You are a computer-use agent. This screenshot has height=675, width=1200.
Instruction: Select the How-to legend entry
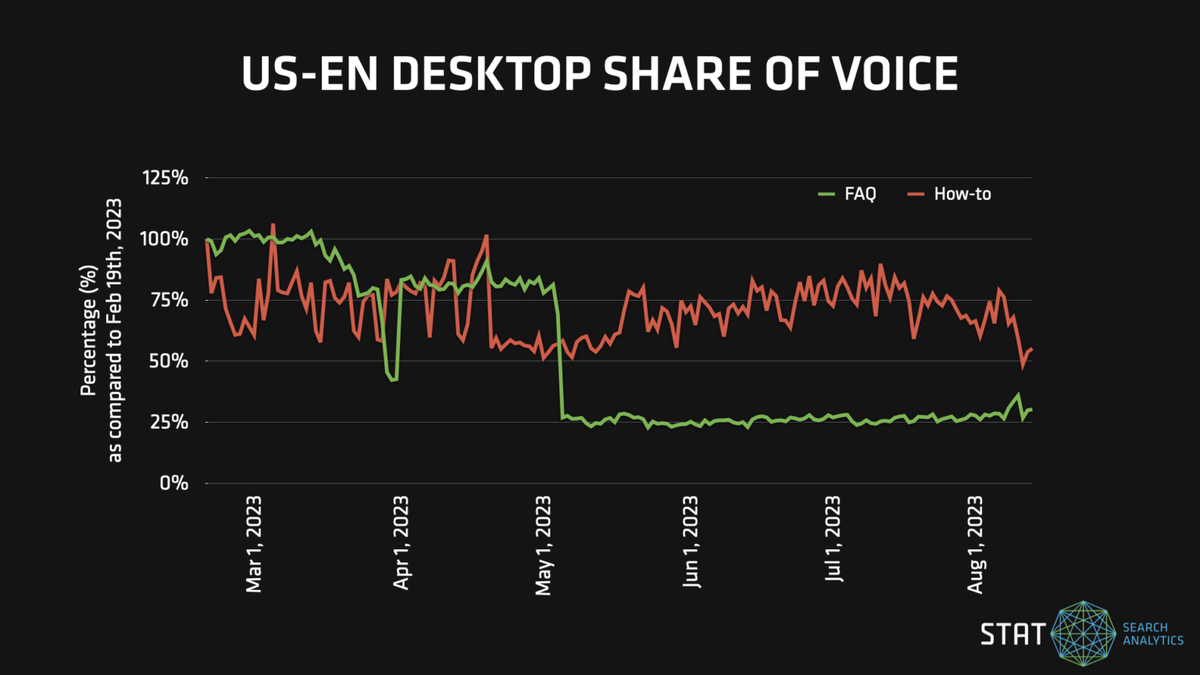coord(962,194)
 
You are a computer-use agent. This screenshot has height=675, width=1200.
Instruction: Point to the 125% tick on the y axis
coord(166,178)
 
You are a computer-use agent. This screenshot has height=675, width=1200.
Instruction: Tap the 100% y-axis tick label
coord(166,239)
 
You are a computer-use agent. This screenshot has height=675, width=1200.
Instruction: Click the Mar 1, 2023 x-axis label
coord(254,543)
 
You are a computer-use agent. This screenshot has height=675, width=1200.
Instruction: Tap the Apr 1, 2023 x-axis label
coord(401,543)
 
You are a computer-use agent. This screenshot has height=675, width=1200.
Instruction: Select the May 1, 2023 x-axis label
coord(545,543)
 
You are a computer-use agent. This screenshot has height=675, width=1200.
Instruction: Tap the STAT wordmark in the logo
coord(1012,634)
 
